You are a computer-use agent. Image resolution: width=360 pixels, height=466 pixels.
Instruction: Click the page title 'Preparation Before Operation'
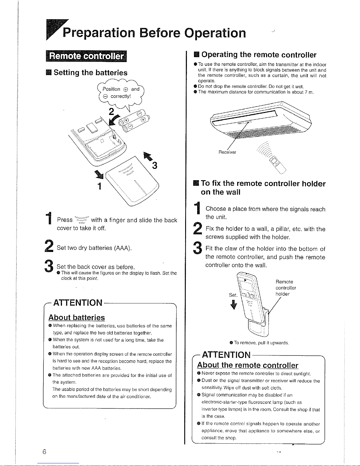click(154, 33)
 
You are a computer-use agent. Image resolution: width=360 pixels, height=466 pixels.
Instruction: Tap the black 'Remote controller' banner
click(86, 56)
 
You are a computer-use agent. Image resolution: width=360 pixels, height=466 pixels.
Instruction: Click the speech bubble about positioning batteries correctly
click(121, 93)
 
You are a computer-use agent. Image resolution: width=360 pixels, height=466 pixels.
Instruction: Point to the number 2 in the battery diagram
click(111, 112)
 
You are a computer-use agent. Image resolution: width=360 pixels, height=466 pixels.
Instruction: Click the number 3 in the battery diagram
click(155, 165)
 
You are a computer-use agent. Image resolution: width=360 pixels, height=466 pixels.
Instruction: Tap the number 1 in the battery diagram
click(99, 186)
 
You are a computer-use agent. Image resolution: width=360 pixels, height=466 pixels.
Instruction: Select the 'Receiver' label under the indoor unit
click(227, 152)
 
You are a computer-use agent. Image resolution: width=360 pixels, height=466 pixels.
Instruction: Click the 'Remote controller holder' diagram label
click(286, 288)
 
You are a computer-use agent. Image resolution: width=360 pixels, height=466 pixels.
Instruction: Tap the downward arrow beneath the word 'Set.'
click(234, 305)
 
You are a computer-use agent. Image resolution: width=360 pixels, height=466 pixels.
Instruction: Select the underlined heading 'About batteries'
click(77, 318)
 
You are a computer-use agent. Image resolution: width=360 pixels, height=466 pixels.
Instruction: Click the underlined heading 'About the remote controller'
click(248, 365)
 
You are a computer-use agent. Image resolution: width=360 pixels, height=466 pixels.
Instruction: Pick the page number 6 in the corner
click(44, 452)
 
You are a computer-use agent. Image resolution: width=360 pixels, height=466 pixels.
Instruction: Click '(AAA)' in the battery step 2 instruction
click(123, 248)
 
